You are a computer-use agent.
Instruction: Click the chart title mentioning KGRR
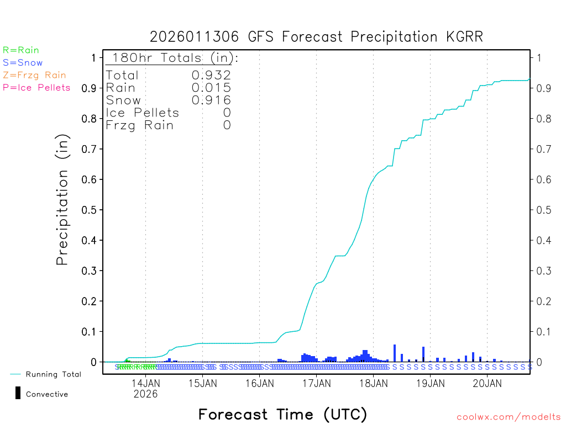(316, 37)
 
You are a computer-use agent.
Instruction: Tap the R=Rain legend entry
(21, 50)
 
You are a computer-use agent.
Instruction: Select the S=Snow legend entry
(23, 63)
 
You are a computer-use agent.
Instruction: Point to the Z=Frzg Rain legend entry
(34, 75)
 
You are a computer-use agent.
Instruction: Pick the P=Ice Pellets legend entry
(36, 87)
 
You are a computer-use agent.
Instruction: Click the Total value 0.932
(211, 75)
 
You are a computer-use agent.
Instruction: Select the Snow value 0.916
(211, 100)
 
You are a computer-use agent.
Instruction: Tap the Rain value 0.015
(211, 88)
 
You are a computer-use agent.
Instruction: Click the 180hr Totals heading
(172, 58)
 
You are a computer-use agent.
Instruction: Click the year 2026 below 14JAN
(145, 394)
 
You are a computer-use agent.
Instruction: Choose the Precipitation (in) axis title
(62, 200)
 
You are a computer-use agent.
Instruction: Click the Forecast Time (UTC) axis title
(282, 414)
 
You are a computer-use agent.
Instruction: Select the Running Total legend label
(54, 374)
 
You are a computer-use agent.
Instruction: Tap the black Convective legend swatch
(18, 393)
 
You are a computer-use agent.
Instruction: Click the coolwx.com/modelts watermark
(509, 417)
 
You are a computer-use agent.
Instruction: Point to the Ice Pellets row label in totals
(143, 113)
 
